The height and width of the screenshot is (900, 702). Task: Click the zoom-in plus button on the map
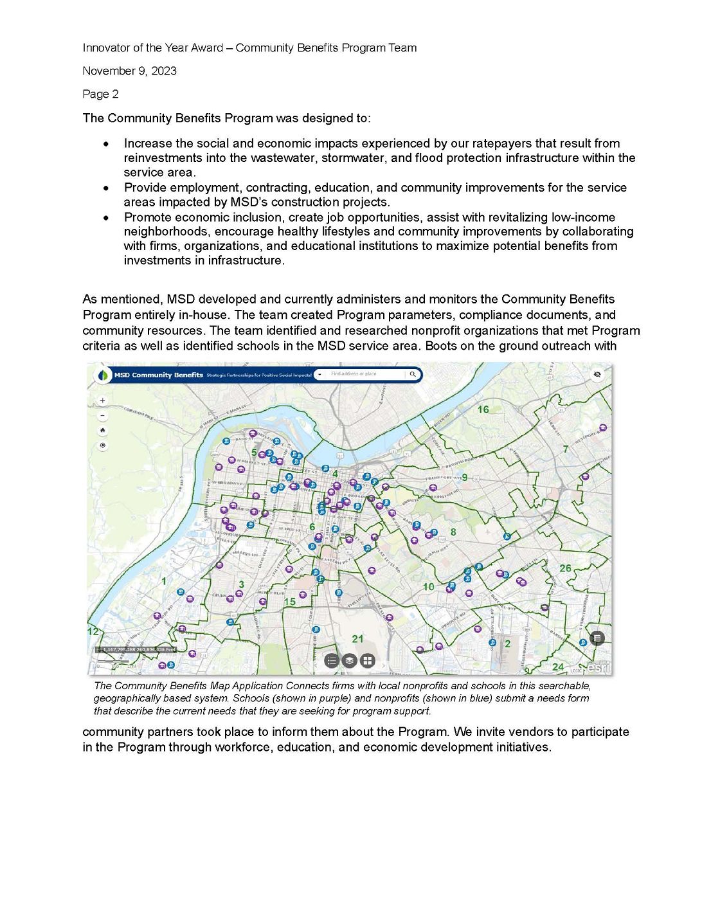point(102,401)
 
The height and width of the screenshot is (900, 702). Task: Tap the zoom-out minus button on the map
point(102,415)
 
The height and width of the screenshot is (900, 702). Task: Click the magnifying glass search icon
point(413,374)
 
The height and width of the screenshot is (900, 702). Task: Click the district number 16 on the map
point(483,410)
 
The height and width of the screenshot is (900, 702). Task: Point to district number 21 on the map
point(357,639)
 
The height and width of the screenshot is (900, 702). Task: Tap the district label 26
point(565,568)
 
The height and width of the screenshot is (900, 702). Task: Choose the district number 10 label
point(428,587)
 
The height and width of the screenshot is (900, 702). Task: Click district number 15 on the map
point(290,602)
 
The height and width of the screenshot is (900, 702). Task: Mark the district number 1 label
point(164,581)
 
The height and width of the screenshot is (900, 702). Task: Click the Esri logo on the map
point(598,667)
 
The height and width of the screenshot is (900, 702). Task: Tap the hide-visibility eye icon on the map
point(597,374)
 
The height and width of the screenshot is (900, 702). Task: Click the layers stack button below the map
point(349,660)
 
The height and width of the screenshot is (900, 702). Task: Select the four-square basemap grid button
point(367,660)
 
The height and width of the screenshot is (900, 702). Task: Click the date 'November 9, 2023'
point(129,71)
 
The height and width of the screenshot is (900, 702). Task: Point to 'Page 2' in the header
point(100,94)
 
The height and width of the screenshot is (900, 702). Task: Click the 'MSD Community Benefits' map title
point(158,375)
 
